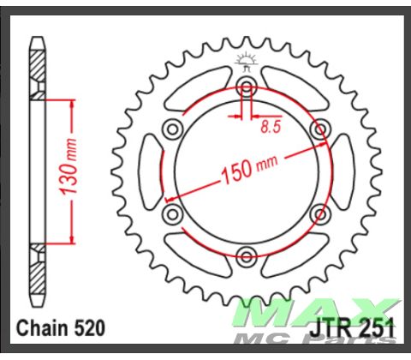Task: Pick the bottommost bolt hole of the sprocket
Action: pos(247,254)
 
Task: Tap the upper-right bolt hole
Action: pos(319,128)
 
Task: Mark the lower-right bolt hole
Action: pos(319,212)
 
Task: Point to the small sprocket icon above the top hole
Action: pos(247,60)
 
